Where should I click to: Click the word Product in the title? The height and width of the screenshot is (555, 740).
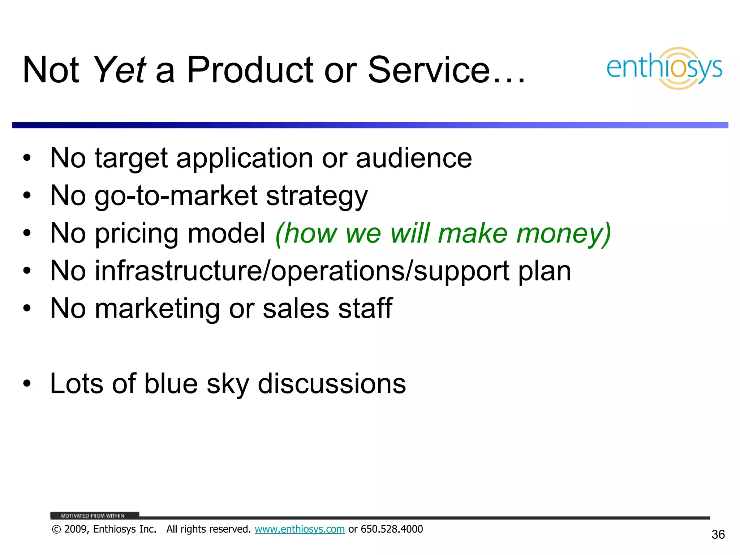[x=249, y=70]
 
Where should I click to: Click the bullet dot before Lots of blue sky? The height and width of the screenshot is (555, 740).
[x=27, y=384]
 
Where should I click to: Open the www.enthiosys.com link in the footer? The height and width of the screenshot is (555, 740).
[x=300, y=529]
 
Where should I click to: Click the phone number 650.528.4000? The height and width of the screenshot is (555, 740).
[x=392, y=529]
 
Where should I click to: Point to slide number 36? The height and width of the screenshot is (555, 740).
[x=718, y=534]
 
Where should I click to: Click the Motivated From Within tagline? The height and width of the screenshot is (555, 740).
[x=92, y=516]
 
